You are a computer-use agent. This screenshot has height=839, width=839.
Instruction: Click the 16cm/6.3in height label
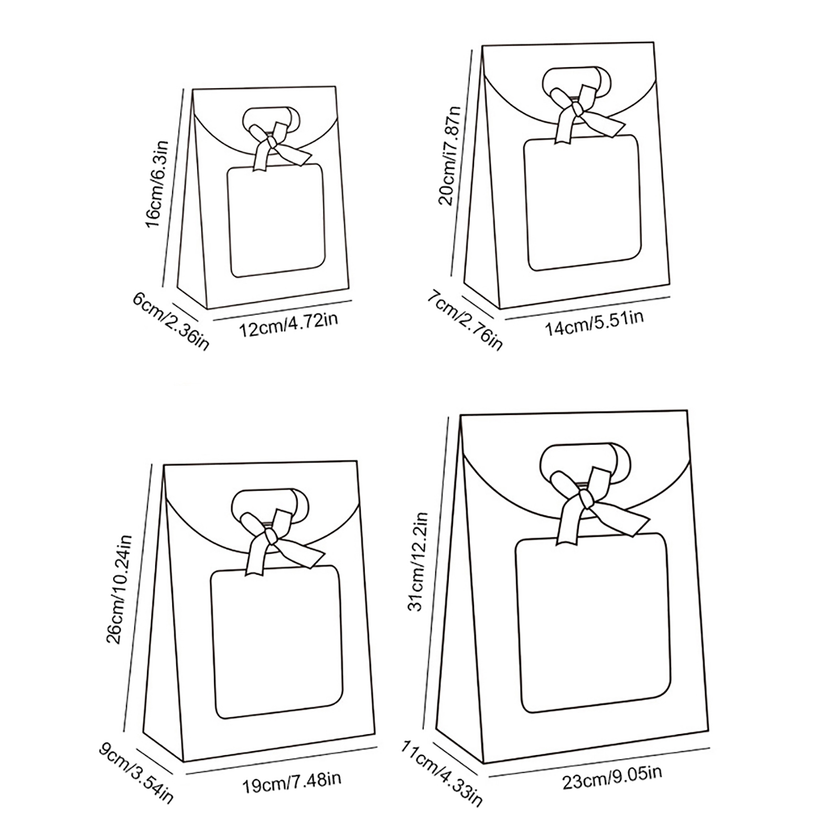pos(156,184)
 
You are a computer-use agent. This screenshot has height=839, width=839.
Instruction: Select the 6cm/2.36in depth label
pos(171,321)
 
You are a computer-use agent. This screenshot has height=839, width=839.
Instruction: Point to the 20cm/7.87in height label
pos(450,156)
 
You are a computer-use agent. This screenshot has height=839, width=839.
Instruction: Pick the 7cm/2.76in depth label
pos(464,320)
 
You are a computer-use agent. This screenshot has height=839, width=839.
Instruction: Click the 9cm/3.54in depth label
pos(135,772)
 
